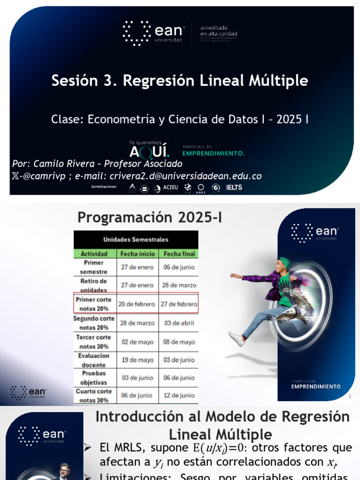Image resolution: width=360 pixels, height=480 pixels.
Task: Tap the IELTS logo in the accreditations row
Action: point(234,187)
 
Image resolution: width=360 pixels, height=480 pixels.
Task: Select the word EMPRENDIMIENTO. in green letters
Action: point(213,153)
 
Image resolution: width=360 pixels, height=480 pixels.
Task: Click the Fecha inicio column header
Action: point(138,254)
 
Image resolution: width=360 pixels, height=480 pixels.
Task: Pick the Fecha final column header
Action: point(179,254)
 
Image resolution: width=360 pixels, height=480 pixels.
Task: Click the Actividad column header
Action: point(94,254)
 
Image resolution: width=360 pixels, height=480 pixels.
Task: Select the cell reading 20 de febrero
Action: point(136,304)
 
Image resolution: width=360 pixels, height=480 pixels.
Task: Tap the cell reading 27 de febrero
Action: point(178,304)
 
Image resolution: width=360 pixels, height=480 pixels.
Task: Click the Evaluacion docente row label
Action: point(94,360)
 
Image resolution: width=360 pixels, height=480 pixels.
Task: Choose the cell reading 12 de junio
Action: point(178,396)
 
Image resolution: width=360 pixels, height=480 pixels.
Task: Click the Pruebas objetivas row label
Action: point(94,378)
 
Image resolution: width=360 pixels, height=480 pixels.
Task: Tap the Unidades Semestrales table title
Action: point(135,240)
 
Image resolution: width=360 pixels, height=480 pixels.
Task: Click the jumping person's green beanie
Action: point(284,262)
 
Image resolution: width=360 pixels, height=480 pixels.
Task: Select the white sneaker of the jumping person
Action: point(236,338)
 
